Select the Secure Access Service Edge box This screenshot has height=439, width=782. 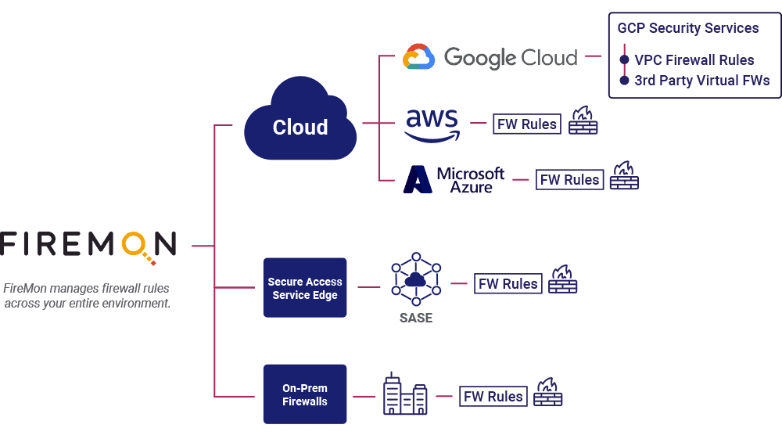[305, 288]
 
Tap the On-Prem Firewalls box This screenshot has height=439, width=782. [305, 394]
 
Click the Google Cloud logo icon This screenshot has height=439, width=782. [418, 57]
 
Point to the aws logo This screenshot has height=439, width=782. [432, 124]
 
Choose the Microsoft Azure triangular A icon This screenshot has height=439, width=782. [418, 180]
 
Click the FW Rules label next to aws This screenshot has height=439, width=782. [527, 124]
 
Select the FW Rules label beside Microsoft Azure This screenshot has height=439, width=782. [570, 179]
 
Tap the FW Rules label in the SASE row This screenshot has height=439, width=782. [508, 283]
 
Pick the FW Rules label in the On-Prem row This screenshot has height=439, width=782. [493, 396]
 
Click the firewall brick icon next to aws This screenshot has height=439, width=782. [583, 121]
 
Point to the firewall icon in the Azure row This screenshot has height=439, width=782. [624, 176]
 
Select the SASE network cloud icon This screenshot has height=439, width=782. [415, 279]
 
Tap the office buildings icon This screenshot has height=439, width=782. [405, 395]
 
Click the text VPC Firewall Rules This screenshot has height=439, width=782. [694, 60]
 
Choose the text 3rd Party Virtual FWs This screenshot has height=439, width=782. [702, 81]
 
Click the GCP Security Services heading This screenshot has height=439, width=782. [688, 28]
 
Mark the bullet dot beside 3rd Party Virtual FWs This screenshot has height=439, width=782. [624, 81]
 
